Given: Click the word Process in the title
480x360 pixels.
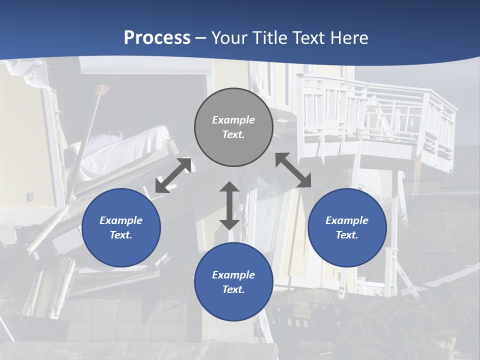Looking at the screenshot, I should pyautogui.click(x=157, y=38).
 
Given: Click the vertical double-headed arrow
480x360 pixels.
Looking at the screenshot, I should pyautogui.click(x=229, y=205).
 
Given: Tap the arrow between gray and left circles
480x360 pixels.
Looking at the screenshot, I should pyautogui.click(x=173, y=175).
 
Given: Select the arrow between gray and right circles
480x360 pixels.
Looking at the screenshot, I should pyautogui.click(x=293, y=170).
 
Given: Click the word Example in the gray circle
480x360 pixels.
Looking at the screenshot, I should pyautogui.click(x=233, y=120).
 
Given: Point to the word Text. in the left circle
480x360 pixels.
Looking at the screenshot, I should pyautogui.click(x=121, y=235).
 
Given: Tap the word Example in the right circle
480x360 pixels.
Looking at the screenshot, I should pyautogui.click(x=347, y=220).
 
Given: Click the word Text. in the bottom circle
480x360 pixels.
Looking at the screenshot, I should pyautogui.click(x=233, y=289).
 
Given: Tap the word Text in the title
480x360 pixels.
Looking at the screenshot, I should pyautogui.click(x=309, y=38).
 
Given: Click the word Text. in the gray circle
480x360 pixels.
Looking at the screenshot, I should pyautogui.click(x=233, y=134).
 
